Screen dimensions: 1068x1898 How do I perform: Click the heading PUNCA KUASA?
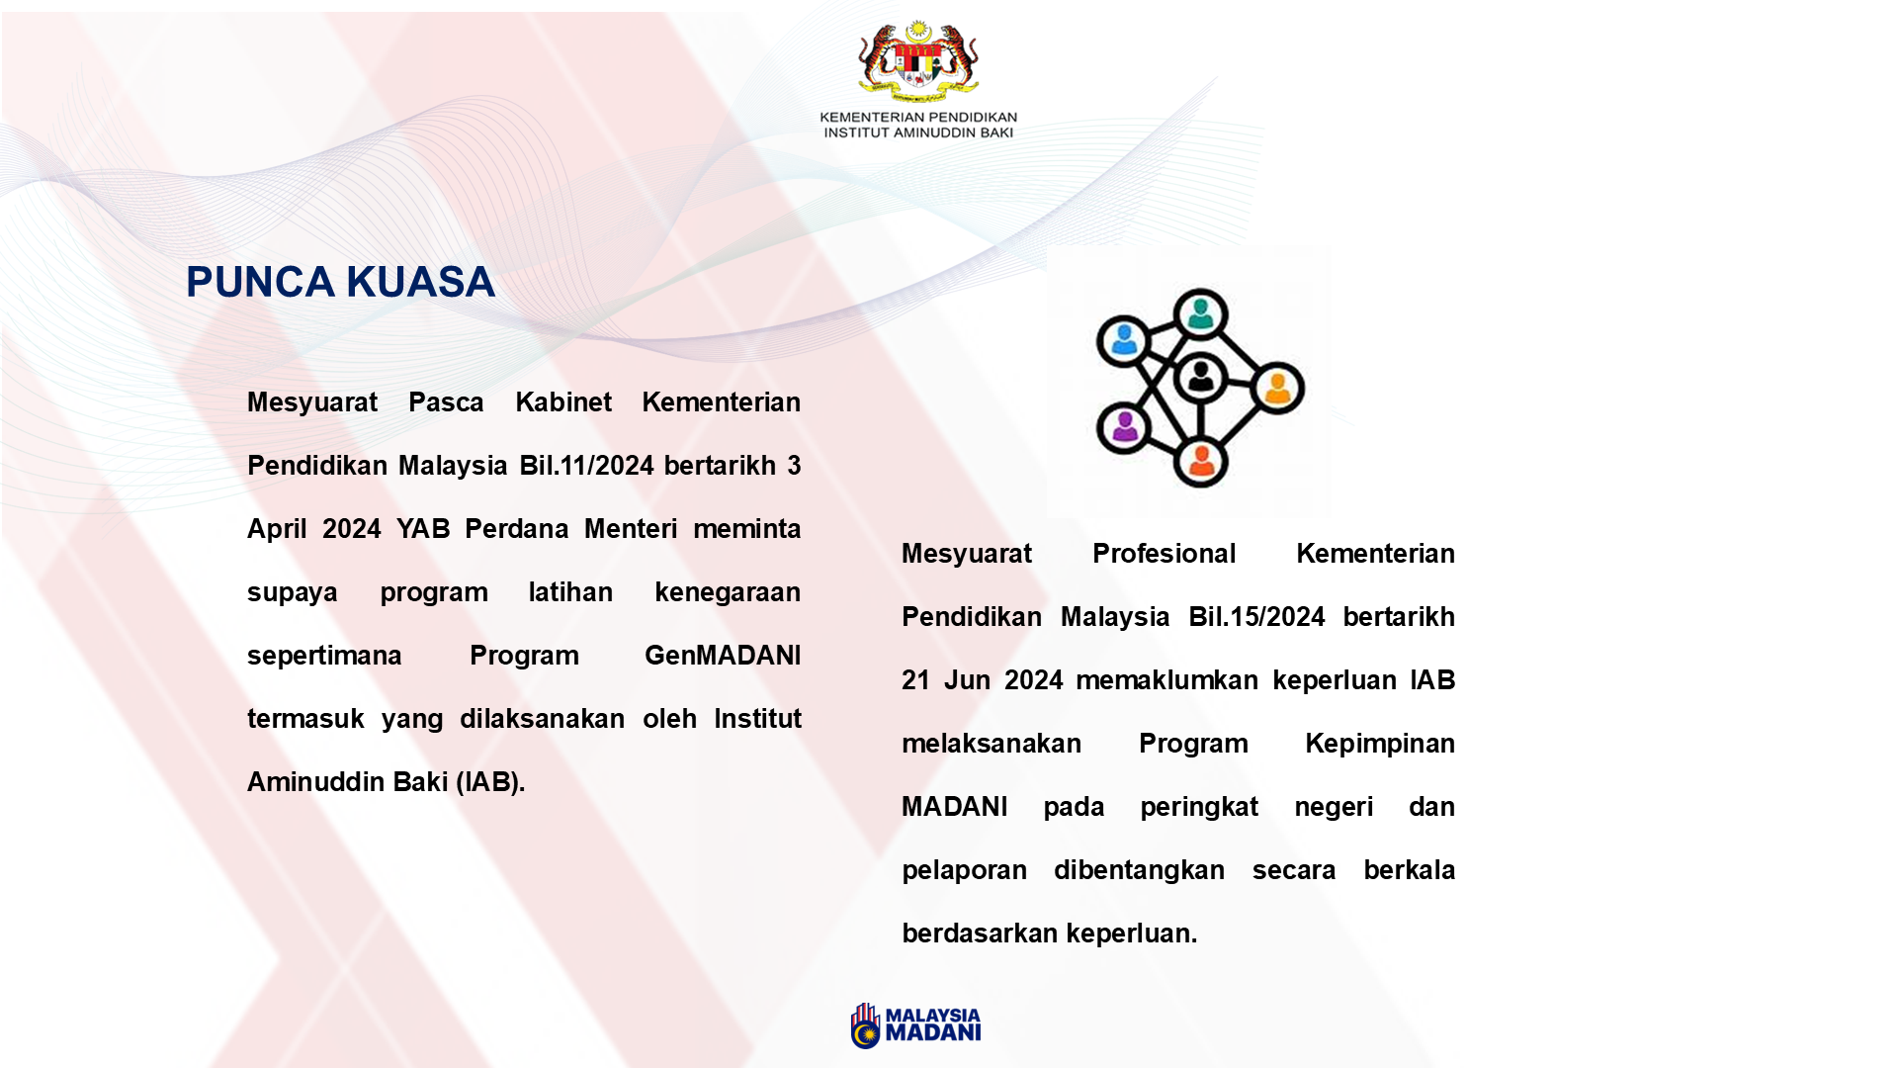point(340,282)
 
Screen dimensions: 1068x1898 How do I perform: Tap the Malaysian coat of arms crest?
point(918,61)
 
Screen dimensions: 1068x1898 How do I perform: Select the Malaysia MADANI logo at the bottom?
point(916,1025)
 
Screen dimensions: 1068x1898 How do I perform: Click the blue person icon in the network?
point(1124,341)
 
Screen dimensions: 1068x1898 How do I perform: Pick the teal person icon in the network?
point(1200,314)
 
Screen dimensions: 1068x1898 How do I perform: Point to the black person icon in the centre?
point(1200,377)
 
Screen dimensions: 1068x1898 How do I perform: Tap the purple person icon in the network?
point(1124,427)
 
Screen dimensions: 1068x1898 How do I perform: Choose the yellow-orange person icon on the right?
point(1277,387)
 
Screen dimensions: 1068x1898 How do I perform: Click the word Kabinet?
point(563,402)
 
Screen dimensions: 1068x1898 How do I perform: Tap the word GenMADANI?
point(723,656)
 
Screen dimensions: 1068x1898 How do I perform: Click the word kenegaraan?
point(728,592)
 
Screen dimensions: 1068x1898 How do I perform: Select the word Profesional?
point(1164,554)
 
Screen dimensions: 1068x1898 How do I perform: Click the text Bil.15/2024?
point(1256,617)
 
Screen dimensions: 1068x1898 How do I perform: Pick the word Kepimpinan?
point(1379,744)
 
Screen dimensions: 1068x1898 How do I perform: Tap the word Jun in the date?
point(967,680)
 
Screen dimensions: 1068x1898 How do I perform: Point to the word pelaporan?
point(964,870)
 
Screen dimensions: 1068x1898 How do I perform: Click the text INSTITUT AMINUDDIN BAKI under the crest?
point(918,133)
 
